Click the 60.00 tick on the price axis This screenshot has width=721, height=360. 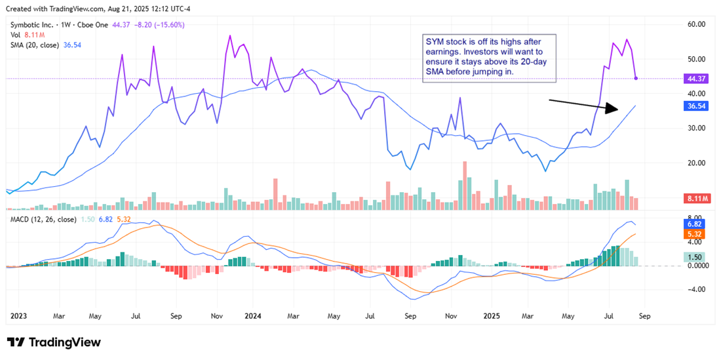tap(695, 24)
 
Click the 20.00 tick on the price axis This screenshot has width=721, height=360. tap(695, 163)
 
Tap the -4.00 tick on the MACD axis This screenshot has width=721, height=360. tap(695, 289)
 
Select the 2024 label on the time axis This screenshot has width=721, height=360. tap(252, 315)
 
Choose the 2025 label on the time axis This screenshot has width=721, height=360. tap(492, 315)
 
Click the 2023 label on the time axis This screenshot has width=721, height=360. tap(20, 315)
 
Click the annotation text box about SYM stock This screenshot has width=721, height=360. tap(489, 58)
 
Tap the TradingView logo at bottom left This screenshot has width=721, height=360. tap(54, 342)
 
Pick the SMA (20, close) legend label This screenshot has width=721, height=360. tap(35, 45)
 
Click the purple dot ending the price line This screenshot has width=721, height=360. tap(636, 79)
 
